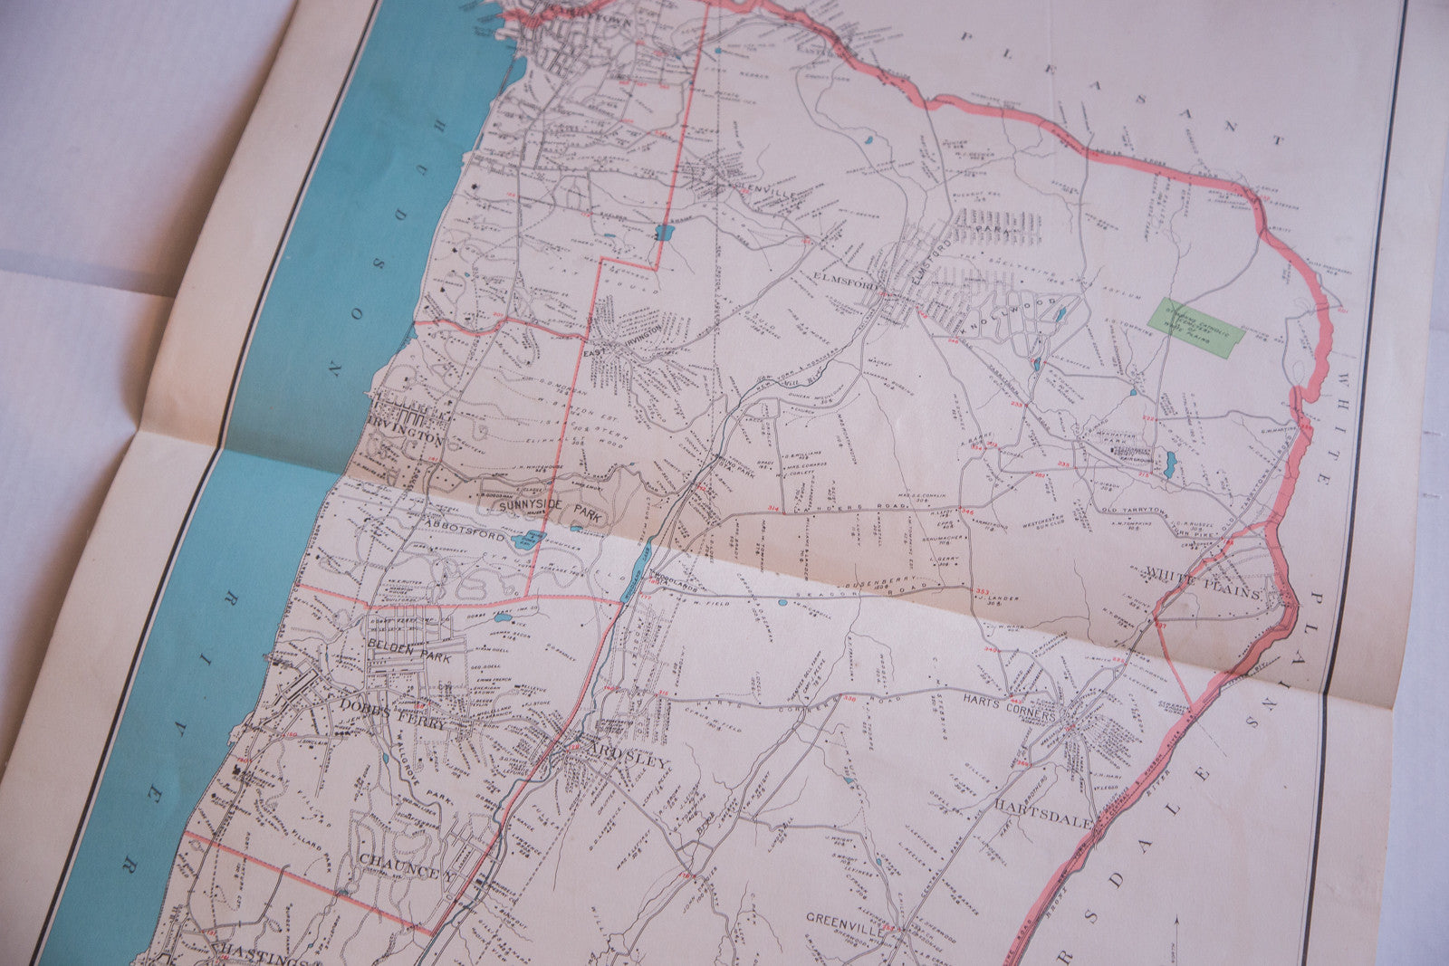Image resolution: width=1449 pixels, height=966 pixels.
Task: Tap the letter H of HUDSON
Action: [x=440, y=125]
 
